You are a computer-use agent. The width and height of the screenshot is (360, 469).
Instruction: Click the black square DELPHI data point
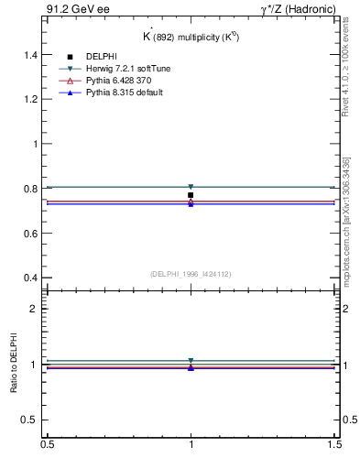191,195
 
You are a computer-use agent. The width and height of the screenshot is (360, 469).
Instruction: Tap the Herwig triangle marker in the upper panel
191,187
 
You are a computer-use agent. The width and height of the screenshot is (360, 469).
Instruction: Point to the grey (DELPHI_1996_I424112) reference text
191,273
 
